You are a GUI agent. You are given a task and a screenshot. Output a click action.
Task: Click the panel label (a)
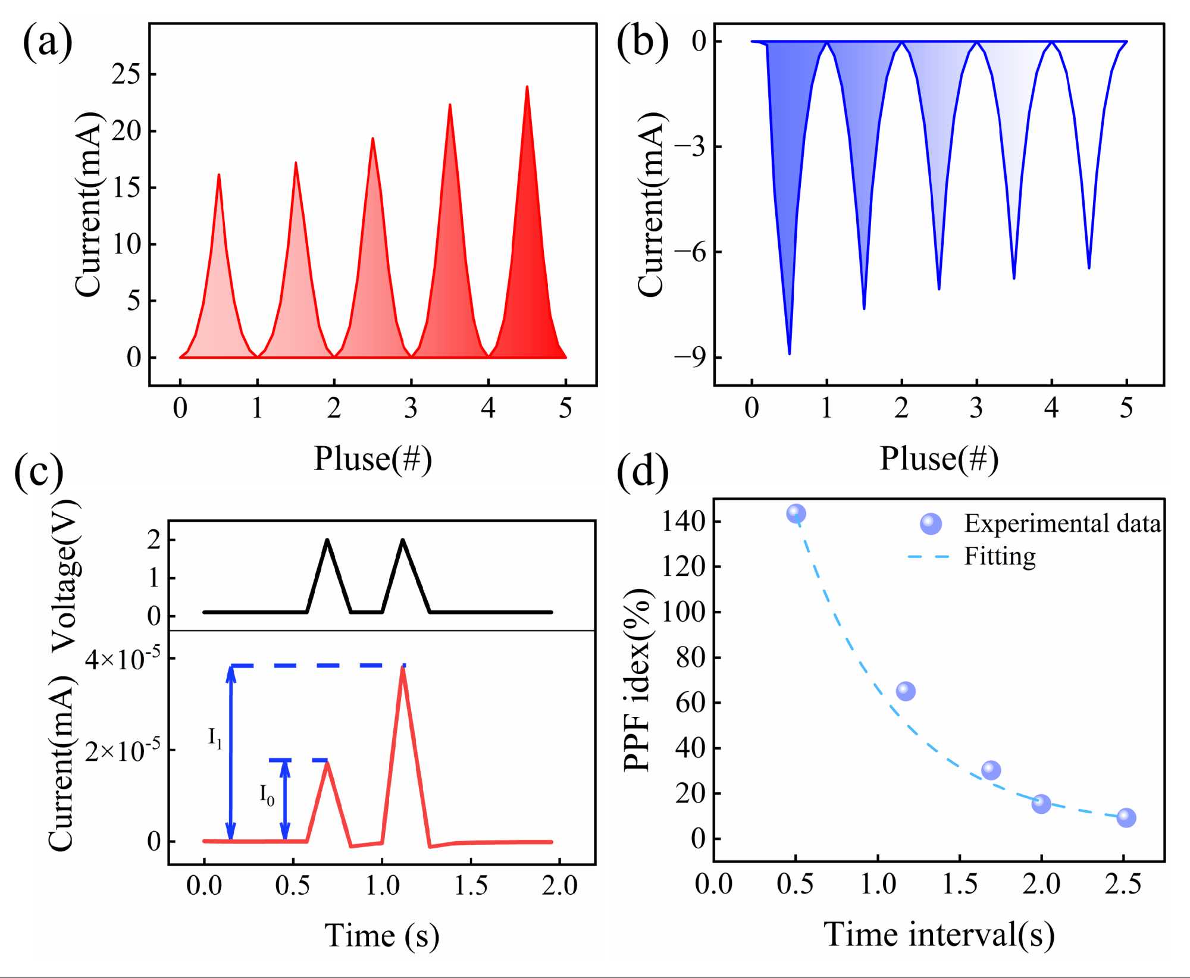[x=48, y=43]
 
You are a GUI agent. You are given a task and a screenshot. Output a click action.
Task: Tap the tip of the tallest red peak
[x=527, y=87]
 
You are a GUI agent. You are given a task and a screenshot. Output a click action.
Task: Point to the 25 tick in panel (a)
[x=126, y=74]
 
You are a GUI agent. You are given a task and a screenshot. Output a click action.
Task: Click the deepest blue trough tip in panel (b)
[x=789, y=353]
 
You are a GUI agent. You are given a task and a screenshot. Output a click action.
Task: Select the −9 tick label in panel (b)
[x=690, y=357]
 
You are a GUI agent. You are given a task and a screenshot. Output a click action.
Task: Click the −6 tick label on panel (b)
[x=690, y=252]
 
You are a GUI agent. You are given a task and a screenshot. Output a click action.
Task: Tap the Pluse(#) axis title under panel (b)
[x=939, y=459]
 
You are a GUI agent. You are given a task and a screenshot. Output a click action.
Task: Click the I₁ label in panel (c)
[x=215, y=738]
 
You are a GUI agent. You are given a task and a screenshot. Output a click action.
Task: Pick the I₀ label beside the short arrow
[x=267, y=794]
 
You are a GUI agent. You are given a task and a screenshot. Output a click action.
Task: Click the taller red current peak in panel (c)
[x=403, y=669]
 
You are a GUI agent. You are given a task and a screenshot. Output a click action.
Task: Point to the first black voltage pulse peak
[x=327, y=540]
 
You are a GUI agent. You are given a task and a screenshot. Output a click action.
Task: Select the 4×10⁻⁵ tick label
[x=123, y=659]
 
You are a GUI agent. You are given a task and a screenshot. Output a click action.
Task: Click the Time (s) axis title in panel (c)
[x=381, y=935]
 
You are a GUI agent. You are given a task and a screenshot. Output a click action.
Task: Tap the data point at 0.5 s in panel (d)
[x=796, y=513]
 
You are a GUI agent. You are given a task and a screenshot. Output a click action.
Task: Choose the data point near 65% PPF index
[x=906, y=691]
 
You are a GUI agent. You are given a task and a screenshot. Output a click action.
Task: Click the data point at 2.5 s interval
[x=1126, y=817]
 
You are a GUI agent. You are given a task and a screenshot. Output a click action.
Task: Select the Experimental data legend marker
[x=931, y=524]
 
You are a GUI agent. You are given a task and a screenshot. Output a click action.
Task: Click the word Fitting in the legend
[x=1000, y=557]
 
